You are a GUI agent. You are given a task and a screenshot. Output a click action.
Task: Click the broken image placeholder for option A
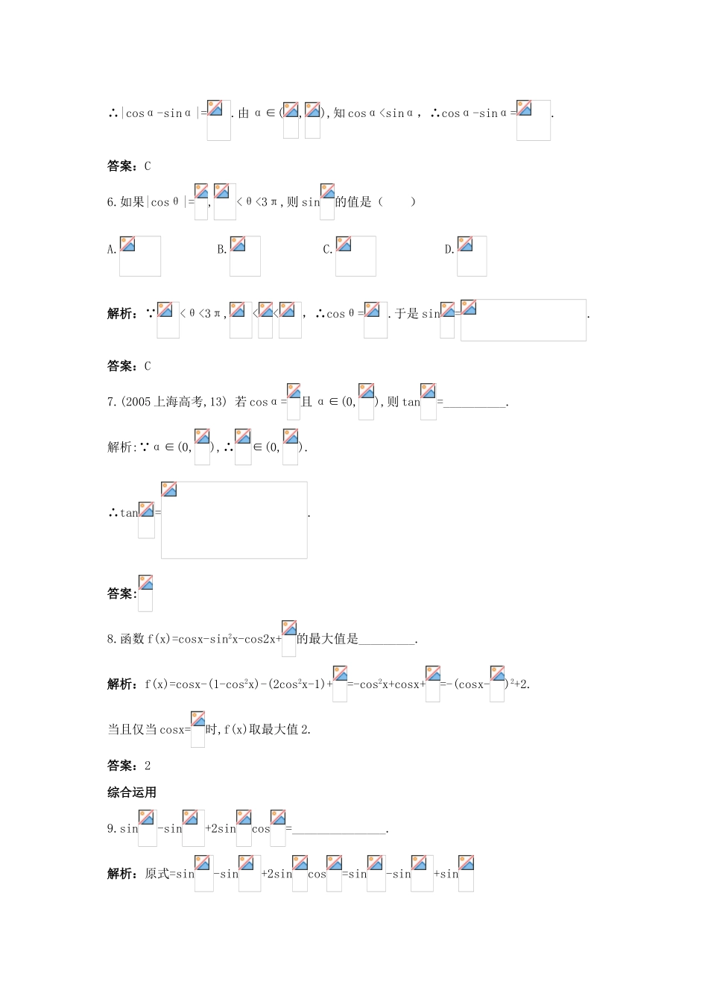pos(139,256)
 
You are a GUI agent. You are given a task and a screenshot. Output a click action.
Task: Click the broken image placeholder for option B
pos(244,256)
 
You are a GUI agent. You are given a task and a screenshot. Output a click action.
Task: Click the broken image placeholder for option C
pos(355,256)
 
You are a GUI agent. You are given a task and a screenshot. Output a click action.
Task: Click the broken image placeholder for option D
pos(471,256)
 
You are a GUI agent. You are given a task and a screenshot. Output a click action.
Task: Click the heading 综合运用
pos(132,793)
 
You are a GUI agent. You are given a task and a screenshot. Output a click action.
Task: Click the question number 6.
pos(111,202)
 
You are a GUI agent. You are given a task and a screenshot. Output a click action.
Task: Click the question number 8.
pos(111,639)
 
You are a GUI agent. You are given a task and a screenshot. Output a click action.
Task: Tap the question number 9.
pos(111,828)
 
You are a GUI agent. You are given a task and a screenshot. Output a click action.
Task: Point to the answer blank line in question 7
pos(474,403)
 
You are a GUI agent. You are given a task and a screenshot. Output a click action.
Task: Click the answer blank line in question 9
pos(339,830)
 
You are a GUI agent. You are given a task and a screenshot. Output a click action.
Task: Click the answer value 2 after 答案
pos(148,766)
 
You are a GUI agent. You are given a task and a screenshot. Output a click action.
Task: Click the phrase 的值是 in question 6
pos(353,202)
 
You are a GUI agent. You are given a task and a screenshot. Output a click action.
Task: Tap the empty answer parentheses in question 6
pos(396,202)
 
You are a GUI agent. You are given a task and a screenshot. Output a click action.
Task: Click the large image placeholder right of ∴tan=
pos(234,520)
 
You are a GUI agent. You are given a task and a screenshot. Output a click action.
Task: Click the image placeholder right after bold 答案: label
pos(145,593)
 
